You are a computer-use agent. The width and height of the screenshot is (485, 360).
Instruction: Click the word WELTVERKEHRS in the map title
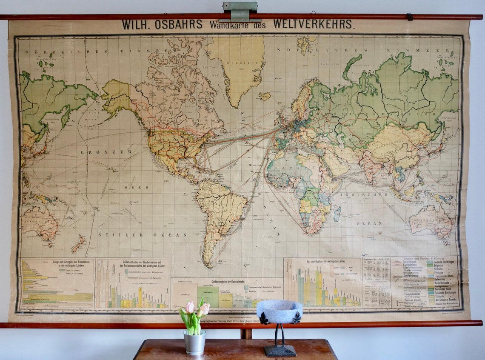(313, 24)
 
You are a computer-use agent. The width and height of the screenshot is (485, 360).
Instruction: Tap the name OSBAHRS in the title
(179, 25)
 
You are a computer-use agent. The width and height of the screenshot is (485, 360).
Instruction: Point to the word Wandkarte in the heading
(231, 25)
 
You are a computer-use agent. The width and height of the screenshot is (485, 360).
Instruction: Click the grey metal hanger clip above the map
(240, 11)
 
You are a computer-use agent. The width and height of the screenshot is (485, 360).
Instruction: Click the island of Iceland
(264, 96)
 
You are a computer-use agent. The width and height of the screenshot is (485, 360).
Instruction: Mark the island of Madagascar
(337, 214)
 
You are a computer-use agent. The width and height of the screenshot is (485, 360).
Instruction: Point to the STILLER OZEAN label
(142, 234)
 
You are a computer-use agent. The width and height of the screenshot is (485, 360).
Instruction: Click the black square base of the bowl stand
(280, 351)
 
